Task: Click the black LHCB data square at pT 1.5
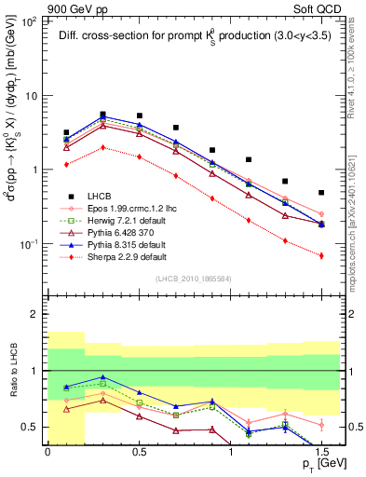click(x=321, y=193)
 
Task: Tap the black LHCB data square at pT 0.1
click(x=66, y=133)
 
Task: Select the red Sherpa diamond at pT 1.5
click(x=321, y=255)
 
